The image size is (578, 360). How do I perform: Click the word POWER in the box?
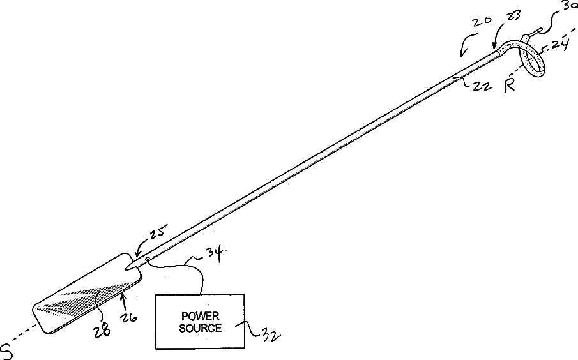pyautogui.click(x=200, y=315)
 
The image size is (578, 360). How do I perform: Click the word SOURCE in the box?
pyautogui.click(x=200, y=328)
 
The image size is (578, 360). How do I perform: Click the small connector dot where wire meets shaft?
pyautogui.click(x=148, y=260)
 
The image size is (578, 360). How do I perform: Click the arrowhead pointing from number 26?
pyautogui.click(x=122, y=296)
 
